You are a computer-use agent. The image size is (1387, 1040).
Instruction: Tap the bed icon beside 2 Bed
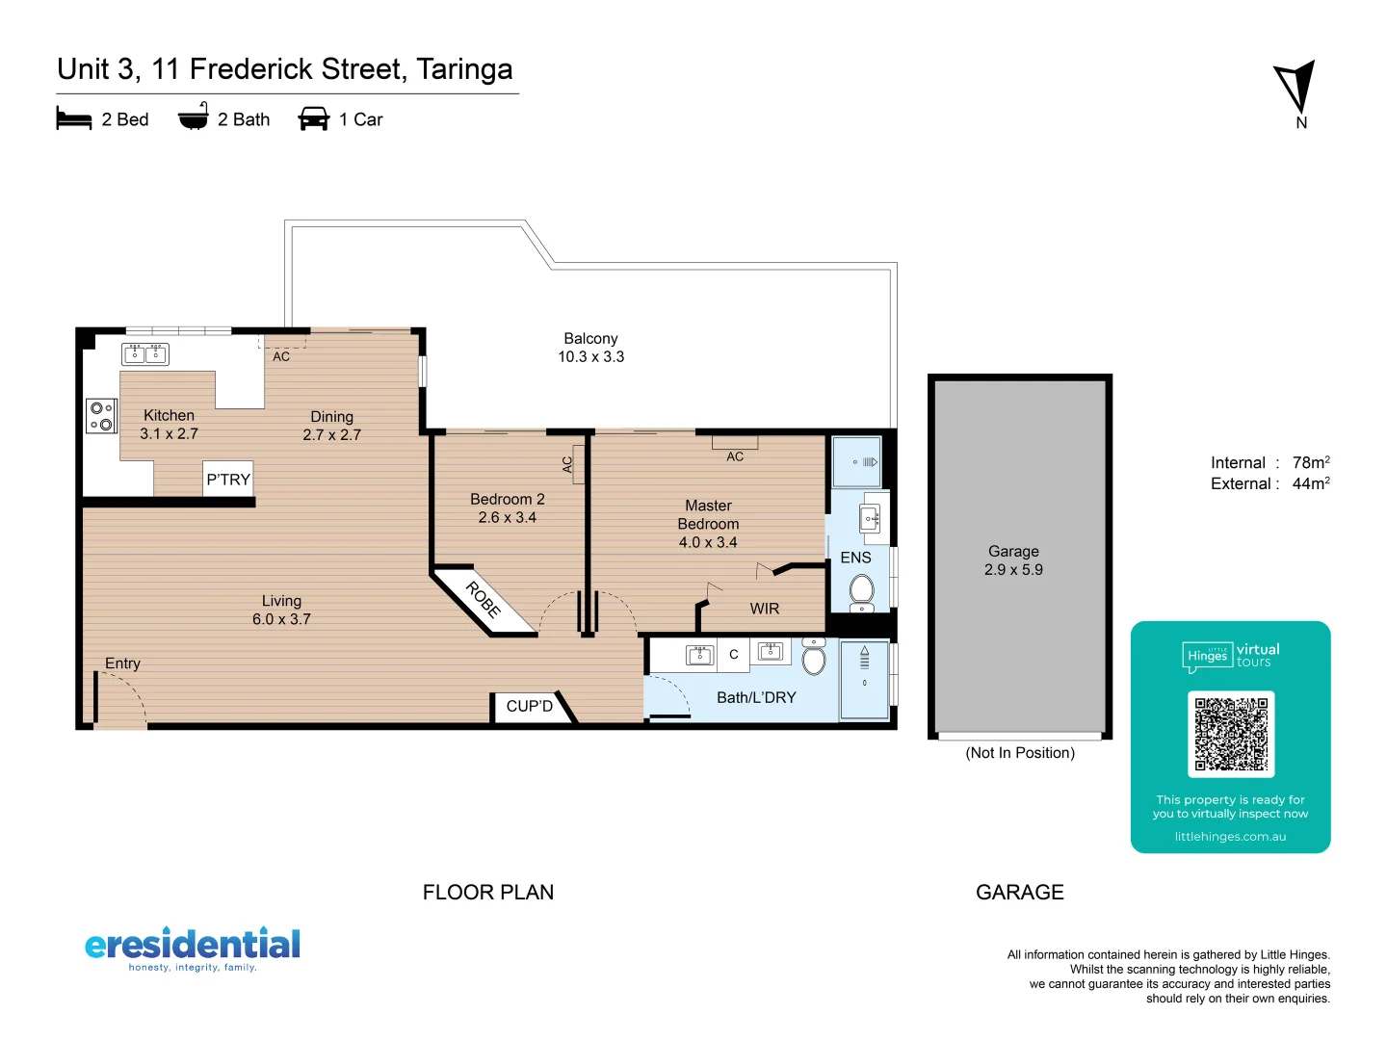74,119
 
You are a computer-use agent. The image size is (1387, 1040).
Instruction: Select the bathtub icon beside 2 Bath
194,117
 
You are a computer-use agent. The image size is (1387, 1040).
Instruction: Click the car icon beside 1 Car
314,119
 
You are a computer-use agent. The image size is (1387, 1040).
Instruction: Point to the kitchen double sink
145,354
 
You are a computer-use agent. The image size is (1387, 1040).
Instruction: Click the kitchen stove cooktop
101,417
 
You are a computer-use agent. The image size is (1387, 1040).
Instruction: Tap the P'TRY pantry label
228,480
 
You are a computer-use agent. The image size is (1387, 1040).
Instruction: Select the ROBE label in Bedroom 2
484,600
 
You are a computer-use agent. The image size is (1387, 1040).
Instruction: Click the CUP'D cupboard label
529,706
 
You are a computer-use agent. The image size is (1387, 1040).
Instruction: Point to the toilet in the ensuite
862,590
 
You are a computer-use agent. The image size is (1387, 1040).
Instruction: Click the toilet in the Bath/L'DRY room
815,660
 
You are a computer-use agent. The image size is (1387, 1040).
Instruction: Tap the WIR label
765,609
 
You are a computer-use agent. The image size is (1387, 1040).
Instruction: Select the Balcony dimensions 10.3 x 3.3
590,357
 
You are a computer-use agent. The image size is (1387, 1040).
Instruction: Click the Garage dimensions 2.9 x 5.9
1013,570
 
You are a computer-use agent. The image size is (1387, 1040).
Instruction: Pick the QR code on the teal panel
1231,734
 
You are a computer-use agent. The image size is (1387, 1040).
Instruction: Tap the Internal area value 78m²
1311,462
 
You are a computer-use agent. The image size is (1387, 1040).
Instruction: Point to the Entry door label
122,663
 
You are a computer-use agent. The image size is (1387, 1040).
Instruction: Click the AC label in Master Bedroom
735,456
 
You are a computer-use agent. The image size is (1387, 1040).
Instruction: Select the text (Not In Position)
1020,753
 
